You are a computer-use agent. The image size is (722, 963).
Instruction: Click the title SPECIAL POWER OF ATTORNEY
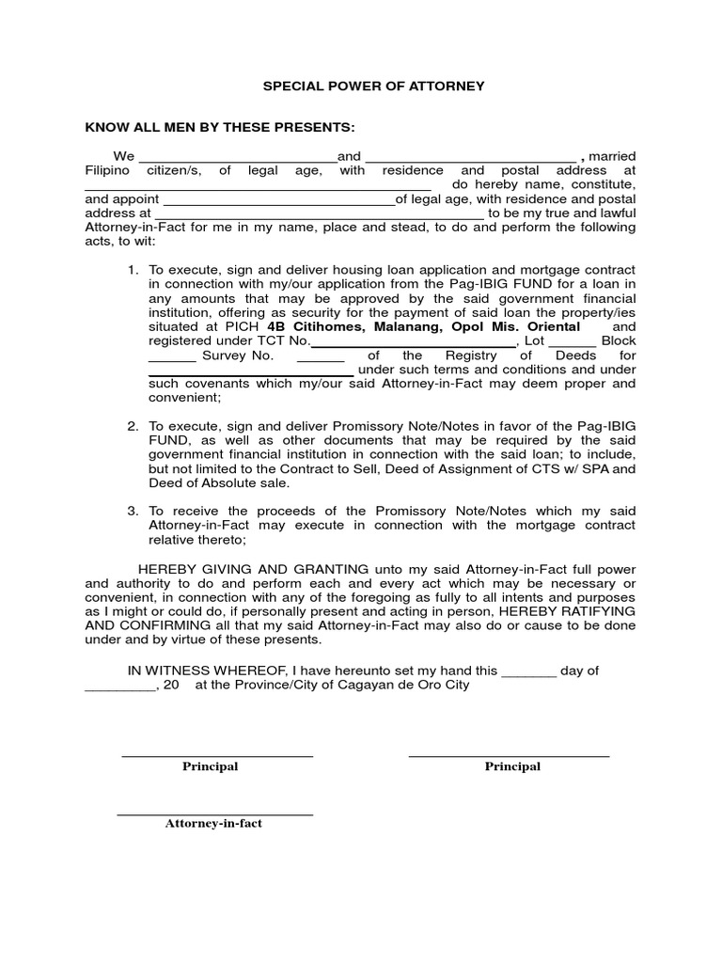click(373, 86)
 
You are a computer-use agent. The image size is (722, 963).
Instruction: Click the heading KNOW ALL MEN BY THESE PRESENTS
click(221, 127)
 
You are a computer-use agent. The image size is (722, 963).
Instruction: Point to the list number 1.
click(133, 270)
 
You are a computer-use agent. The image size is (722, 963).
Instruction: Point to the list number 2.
click(133, 426)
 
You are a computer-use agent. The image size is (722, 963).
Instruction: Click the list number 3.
click(133, 511)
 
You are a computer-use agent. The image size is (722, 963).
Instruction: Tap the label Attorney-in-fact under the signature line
click(213, 823)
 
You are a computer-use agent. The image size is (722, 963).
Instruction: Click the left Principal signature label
click(210, 766)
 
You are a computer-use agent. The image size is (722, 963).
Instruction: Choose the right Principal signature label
click(512, 766)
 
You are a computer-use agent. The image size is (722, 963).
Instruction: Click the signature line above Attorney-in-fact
click(214, 813)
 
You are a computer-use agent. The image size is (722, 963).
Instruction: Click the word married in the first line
click(612, 156)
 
